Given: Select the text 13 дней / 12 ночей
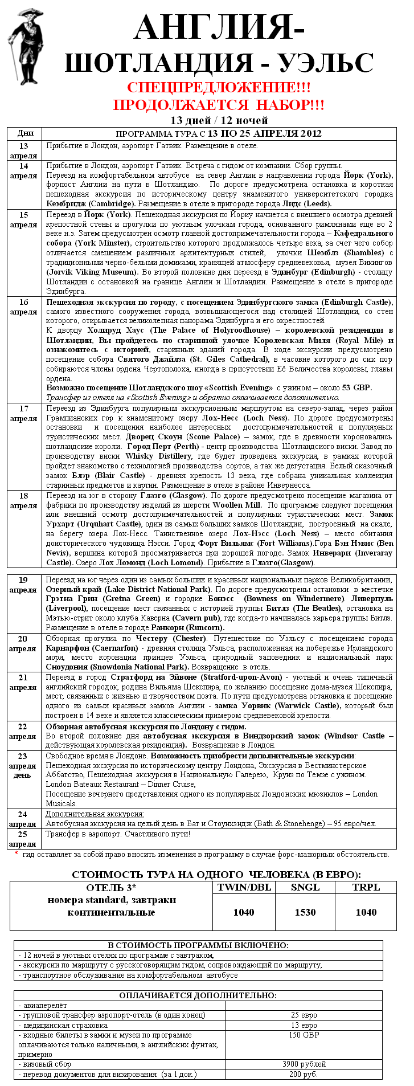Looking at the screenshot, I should [219, 120].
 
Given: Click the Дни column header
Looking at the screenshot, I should [26, 133].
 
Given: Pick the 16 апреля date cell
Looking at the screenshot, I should [23, 307].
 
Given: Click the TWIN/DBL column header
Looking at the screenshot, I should [244, 887].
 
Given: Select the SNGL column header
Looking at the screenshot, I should [305, 887].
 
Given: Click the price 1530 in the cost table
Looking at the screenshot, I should [305, 912].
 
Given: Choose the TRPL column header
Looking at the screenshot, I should [366, 887].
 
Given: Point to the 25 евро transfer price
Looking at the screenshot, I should [304, 1015].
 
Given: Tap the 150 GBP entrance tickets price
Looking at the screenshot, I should [304, 1035].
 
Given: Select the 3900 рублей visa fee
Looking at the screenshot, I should [304, 1064].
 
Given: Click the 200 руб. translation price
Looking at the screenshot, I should [304, 1074].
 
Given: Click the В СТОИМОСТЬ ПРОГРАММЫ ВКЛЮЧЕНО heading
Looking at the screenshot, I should [198, 945].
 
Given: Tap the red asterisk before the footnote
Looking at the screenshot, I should [16, 853].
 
